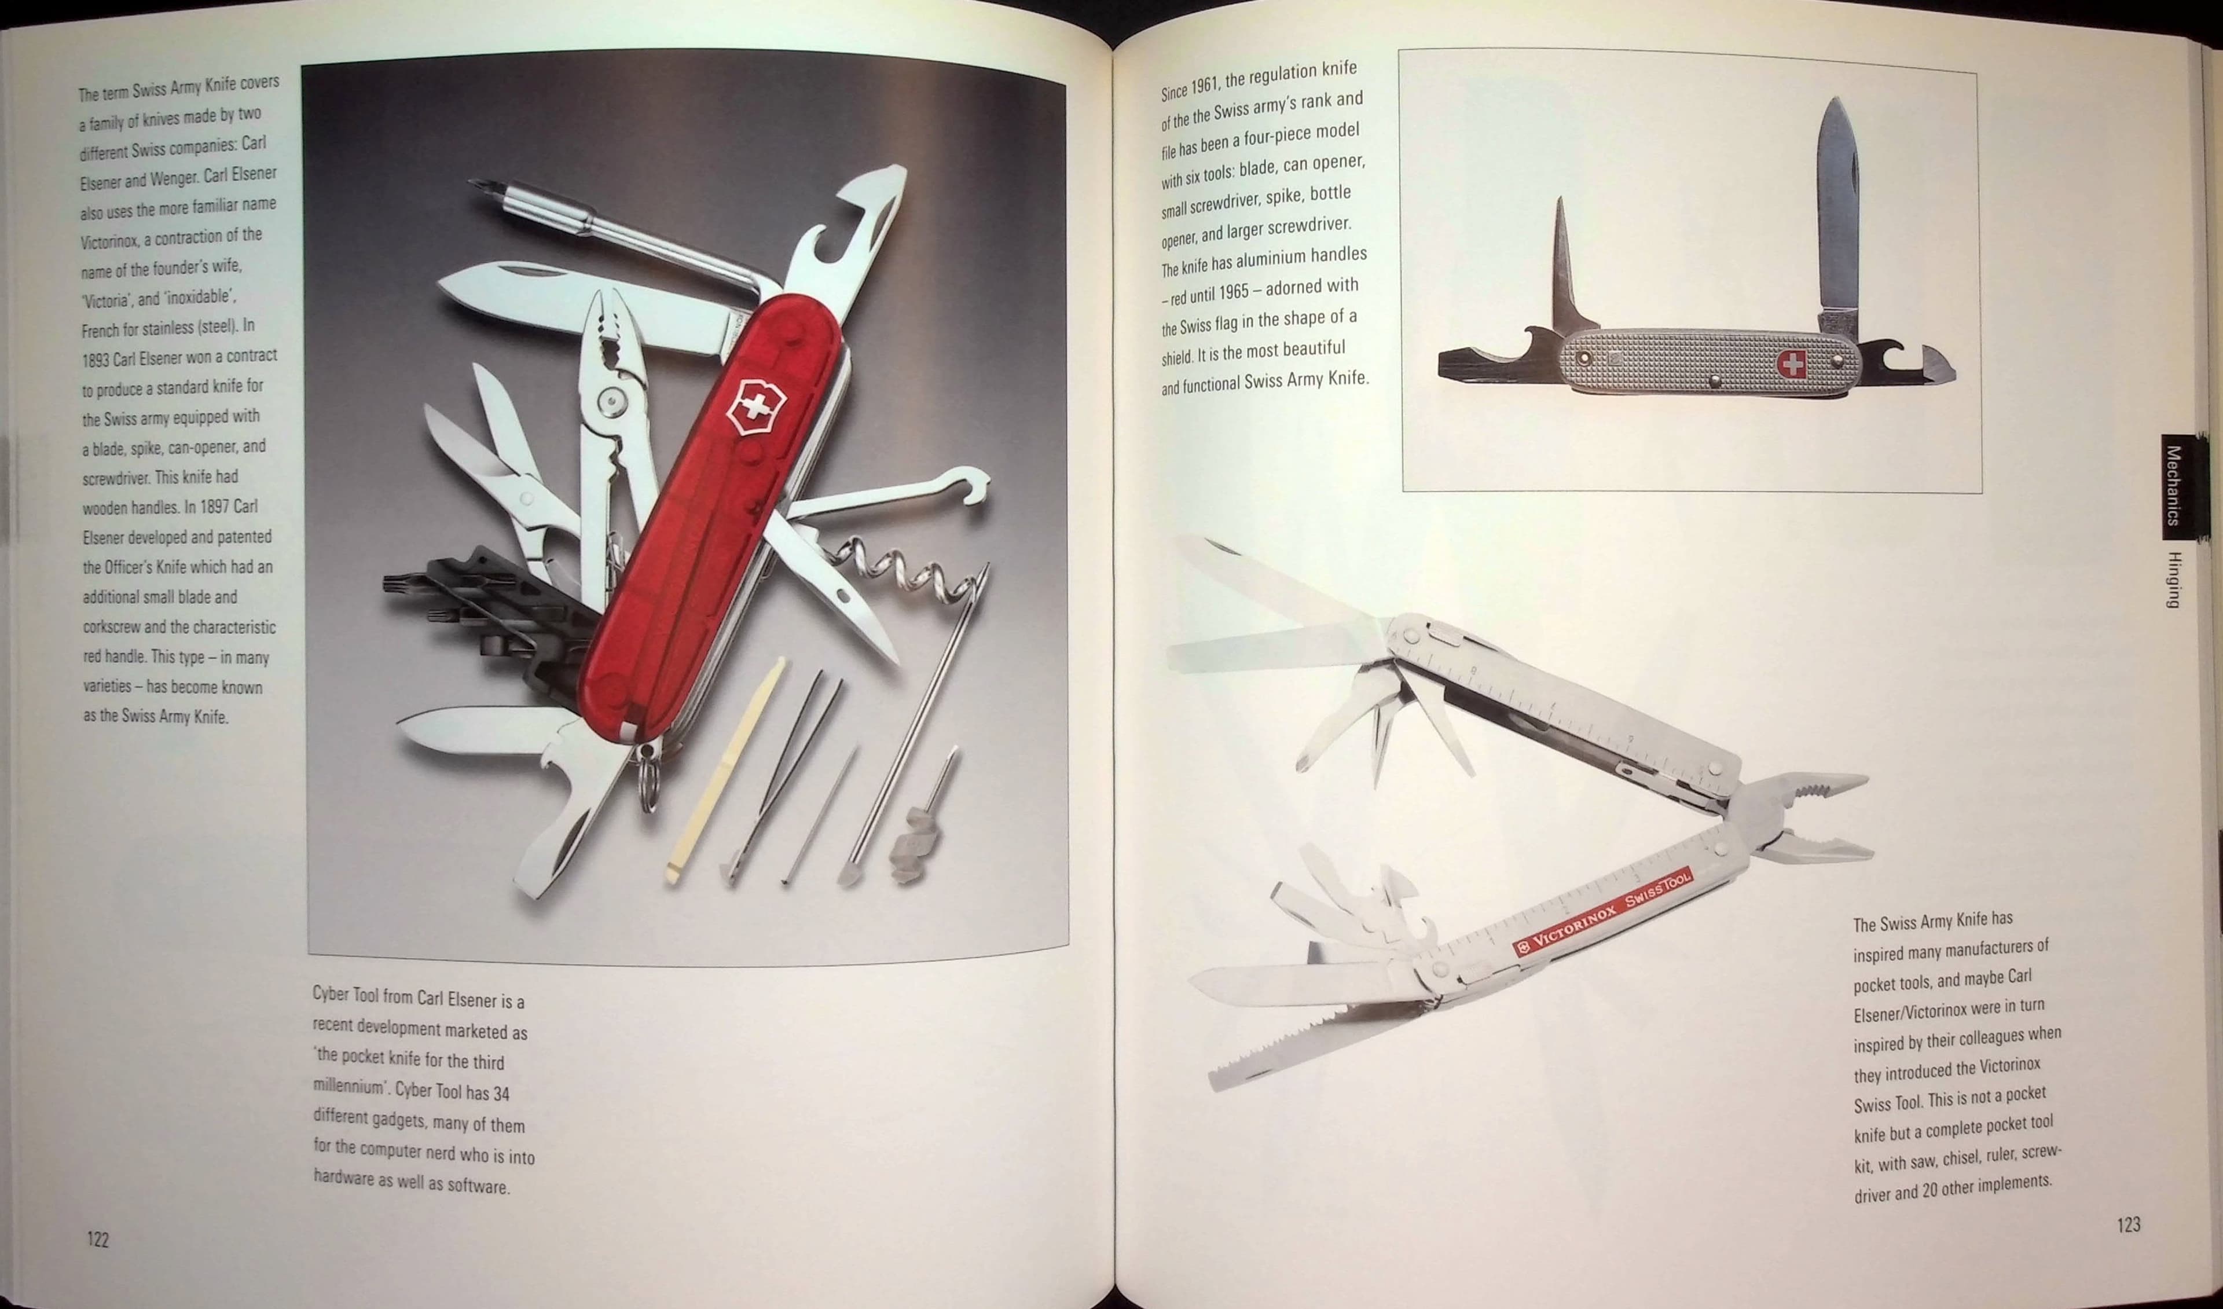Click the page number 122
click(98, 1240)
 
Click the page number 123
click(2127, 1224)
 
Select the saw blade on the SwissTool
click(1323, 1050)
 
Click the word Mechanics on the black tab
click(2174, 485)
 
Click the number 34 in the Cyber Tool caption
click(501, 1094)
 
